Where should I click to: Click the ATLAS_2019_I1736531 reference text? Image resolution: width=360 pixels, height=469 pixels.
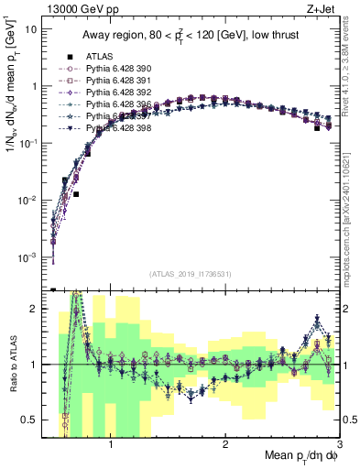tap(191, 274)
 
